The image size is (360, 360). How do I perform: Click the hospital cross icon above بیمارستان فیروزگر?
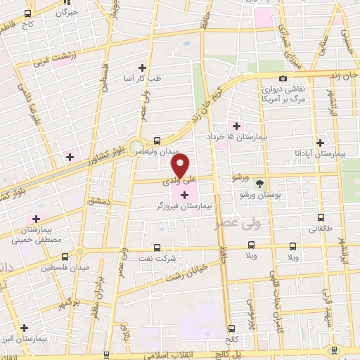(185, 195)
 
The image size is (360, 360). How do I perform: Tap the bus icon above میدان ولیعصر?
(156, 140)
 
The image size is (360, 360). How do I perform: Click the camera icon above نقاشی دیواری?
(283, 79)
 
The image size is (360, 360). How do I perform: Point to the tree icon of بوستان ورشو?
(260, 182)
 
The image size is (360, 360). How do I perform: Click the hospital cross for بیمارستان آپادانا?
(321, 141)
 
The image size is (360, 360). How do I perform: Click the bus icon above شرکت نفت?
(156, 247)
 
